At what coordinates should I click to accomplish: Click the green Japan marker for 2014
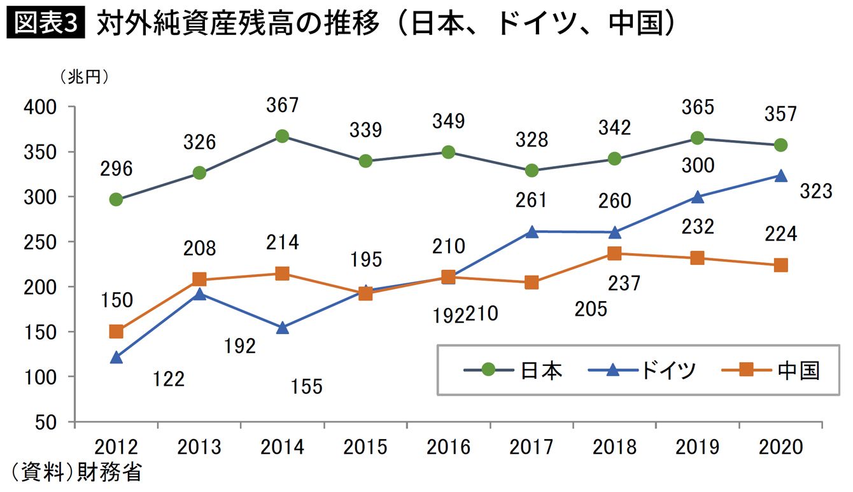283,136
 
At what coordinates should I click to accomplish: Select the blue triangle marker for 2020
780,176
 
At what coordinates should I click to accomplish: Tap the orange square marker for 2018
614,253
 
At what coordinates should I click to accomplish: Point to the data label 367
283,105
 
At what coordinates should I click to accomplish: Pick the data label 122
169,379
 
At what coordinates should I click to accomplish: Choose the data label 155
306,386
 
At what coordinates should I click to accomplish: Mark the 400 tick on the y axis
42,107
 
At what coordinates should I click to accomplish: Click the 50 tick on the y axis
48,422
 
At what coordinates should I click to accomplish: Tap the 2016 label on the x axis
449,447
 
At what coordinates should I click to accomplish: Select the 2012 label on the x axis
116,447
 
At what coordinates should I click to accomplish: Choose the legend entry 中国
798,370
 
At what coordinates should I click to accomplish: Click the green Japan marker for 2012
116,199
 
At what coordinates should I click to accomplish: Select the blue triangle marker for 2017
532,232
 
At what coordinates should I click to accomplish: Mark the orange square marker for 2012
116,331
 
